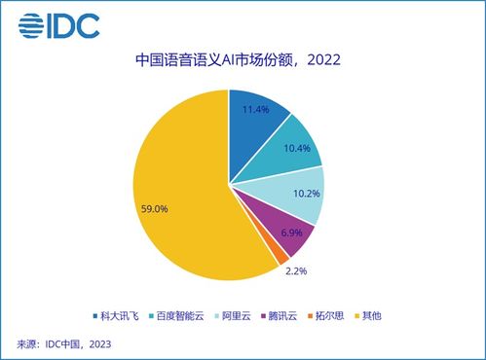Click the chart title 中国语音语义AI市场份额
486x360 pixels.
point(215,60)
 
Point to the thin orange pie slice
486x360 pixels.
point(280,253)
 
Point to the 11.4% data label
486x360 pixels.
point(257,110)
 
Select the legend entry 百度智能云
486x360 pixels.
point(182,317)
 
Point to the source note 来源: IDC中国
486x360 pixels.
point(64,343)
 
